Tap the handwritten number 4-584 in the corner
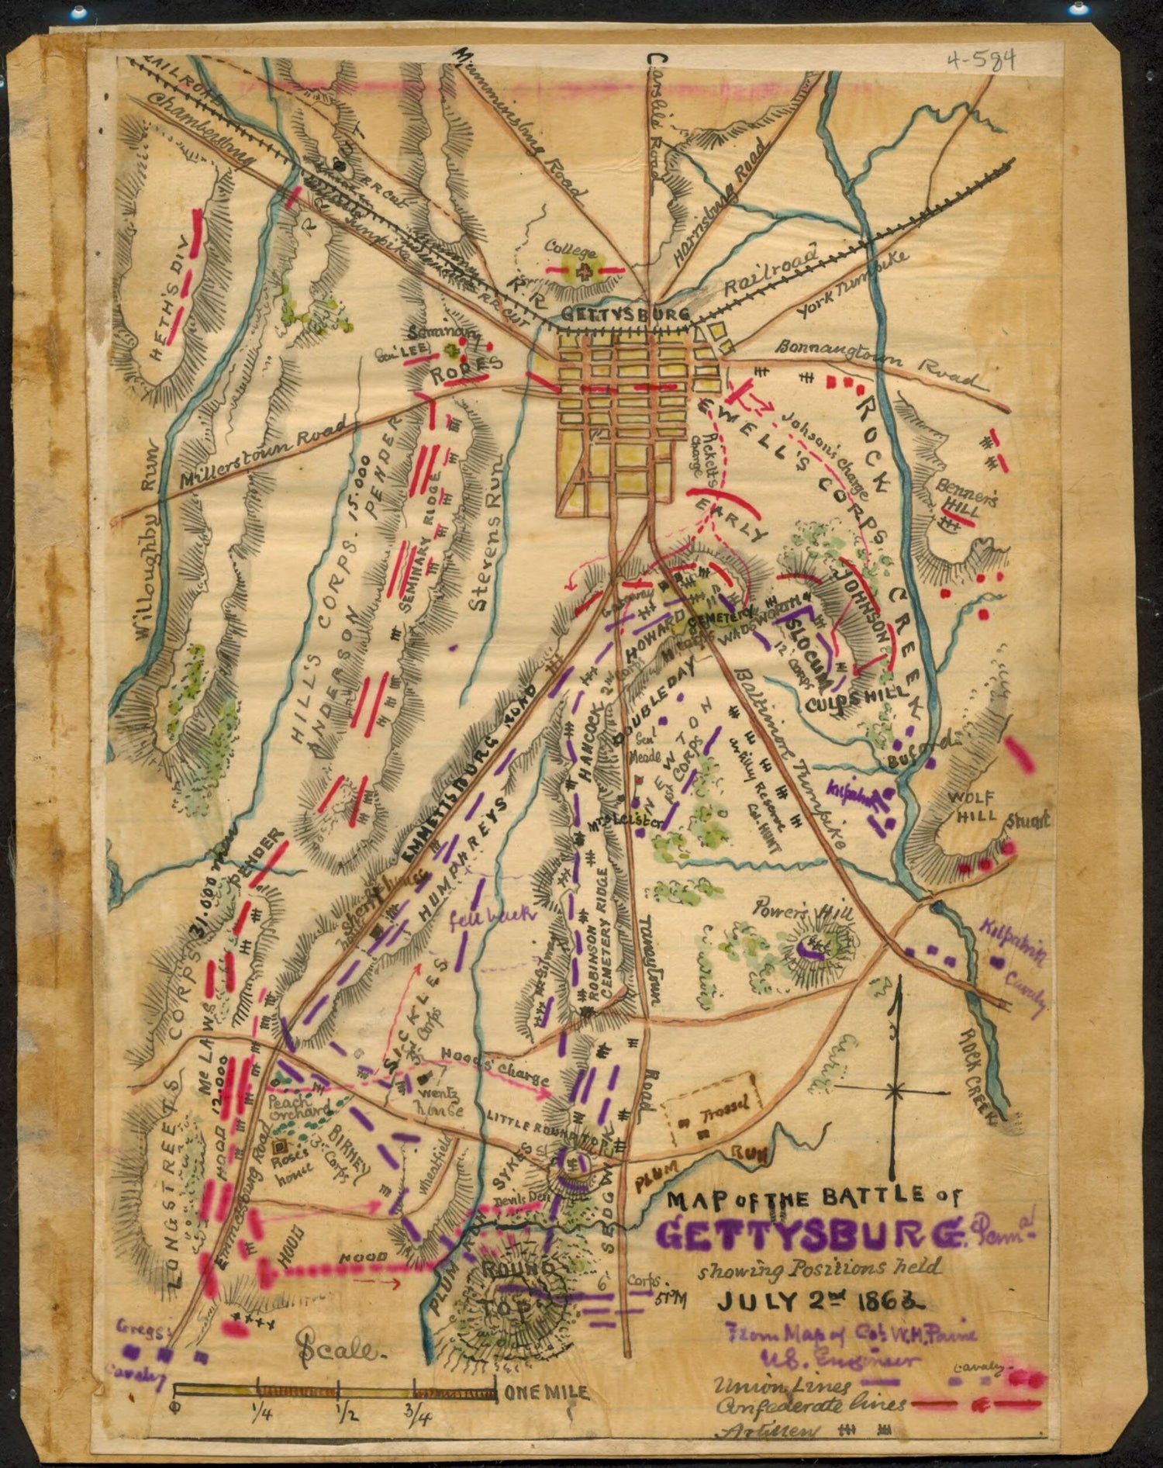pyautogui.click(x=980, y=61)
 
